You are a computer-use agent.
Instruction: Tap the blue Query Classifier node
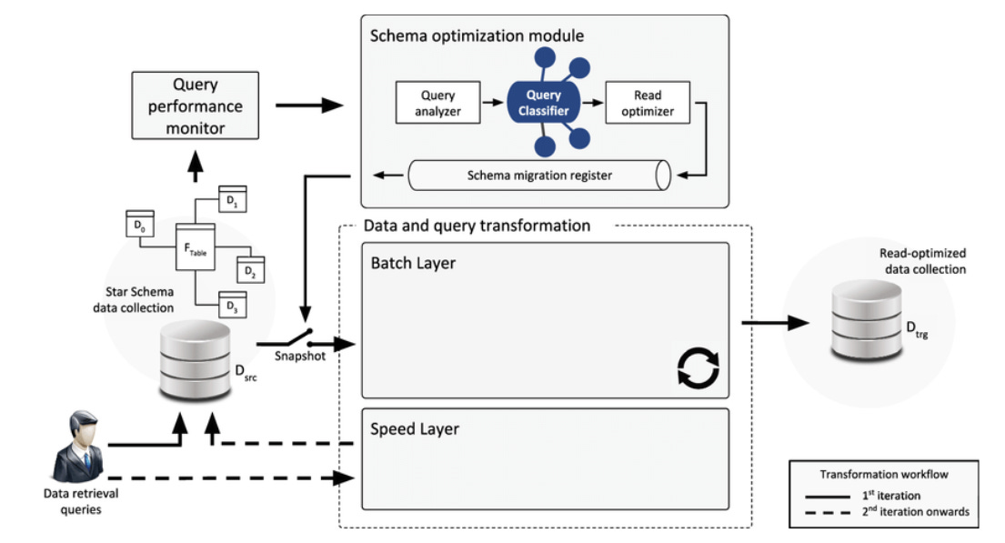(546, 103)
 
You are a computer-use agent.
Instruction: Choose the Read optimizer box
(648, 103)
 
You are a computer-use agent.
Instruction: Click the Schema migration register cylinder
(538, 176)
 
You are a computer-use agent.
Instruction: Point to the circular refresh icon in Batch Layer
(698, 369)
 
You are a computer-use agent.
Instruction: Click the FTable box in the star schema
(196, 246)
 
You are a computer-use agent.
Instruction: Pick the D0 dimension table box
(138, 224)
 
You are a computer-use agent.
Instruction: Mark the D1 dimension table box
(232, 198)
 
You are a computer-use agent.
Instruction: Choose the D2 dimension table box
(251, 270)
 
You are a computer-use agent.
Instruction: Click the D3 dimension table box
(232, 306)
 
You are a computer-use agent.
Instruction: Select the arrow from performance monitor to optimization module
(309, 106)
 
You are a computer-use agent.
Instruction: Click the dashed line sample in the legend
(828, 512)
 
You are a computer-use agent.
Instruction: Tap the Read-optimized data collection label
(922, 261)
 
